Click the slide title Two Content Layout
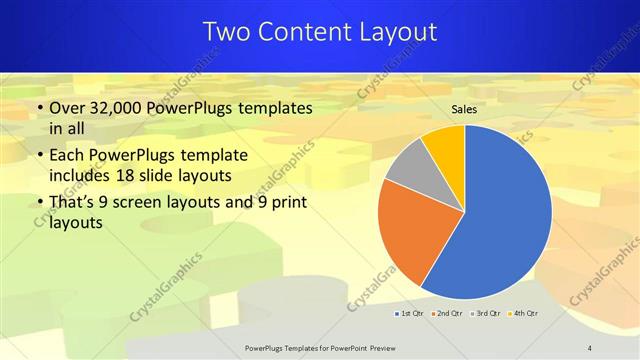[x=320, y=32]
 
